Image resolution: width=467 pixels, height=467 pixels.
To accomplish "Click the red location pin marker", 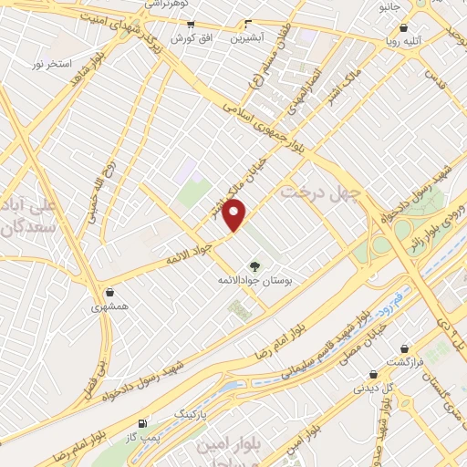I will coord(235,215).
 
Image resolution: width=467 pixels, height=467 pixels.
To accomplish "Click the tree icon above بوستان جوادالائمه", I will coord(254,265).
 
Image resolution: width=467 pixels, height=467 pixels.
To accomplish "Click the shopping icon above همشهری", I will coord(110,294).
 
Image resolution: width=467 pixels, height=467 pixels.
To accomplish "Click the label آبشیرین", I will coord(248,39).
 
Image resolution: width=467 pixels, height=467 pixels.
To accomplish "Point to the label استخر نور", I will coord(52,65).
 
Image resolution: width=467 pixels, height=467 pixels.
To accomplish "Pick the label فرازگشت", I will coord(408,362).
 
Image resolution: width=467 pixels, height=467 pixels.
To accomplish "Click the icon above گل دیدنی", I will coord(373,374).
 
